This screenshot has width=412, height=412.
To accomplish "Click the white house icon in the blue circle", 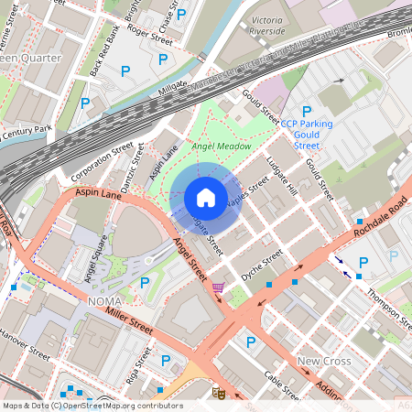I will point(206,197).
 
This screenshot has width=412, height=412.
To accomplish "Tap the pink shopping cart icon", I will point(217,287).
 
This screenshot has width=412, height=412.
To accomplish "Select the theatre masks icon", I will point(218,392).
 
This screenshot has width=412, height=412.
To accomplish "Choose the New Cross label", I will point(324,362).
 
